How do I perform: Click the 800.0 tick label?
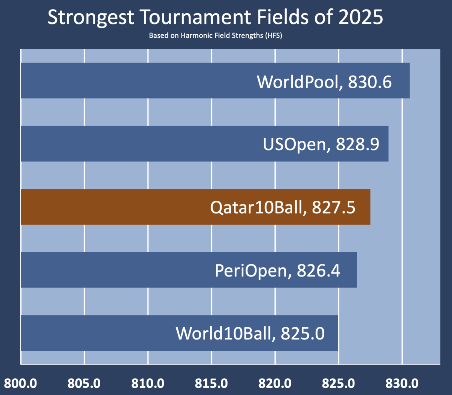21,384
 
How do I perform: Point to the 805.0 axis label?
84,384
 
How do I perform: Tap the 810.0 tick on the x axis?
148,384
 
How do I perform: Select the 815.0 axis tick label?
211,384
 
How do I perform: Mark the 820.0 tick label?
275,384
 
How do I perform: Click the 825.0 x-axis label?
338,384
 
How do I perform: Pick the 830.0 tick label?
402,384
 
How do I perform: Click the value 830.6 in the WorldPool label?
370,82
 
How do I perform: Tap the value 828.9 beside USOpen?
357,144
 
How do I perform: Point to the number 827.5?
333,207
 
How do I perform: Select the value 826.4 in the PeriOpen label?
319,271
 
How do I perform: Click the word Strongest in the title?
91,18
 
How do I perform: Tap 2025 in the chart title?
361,17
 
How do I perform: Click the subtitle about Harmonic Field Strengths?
215,36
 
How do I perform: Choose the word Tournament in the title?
195,17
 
